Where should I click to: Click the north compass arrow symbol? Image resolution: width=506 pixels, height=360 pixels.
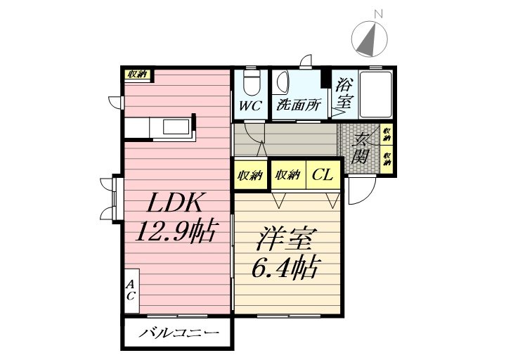[x=370, y=40]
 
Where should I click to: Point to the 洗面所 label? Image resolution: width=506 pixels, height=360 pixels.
[x=299, y=106]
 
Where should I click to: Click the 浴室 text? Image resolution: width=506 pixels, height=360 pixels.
[x=344, y=93]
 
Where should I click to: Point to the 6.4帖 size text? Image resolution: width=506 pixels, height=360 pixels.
[x=284, y=268]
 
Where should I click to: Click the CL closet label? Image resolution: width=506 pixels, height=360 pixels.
[x=323, y=174]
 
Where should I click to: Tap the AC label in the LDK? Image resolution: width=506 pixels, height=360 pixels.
[x=131, y=290]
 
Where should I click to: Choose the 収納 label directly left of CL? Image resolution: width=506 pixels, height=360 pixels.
[x=288, y=174]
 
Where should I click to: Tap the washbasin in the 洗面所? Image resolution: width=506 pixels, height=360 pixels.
[x=281, y=83]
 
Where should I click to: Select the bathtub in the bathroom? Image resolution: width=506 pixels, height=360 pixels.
[x=376, y=94]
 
